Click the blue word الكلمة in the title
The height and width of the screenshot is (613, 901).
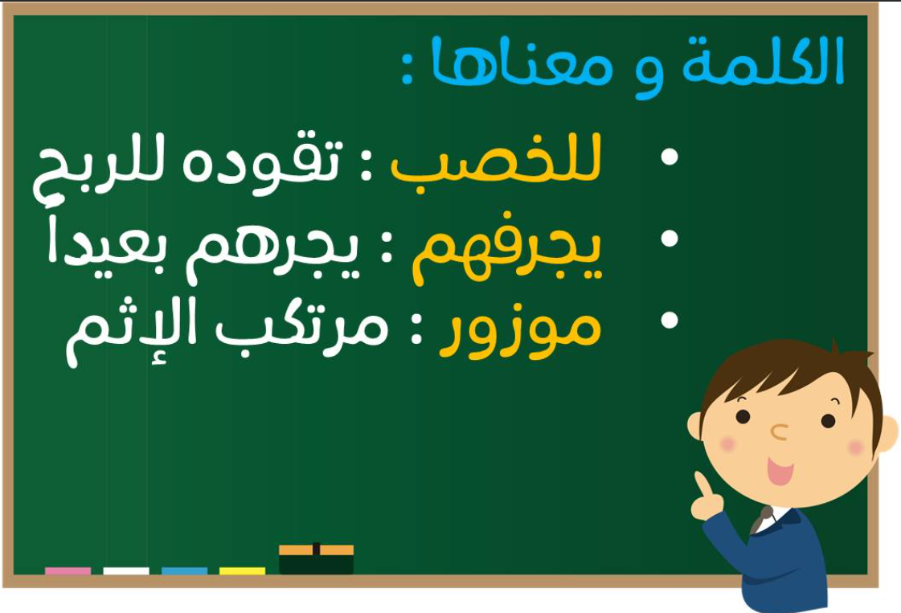(763, 61)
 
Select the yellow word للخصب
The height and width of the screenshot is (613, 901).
(496, 161)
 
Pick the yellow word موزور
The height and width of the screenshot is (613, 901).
(520, 333)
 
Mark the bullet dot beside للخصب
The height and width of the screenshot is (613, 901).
(670, 157)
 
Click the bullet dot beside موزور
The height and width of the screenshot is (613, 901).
(670, 320)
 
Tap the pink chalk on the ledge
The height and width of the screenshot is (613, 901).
(68, 571)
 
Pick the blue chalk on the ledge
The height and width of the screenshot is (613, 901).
(184, 571)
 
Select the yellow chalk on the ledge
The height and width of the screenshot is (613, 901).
(243, 571)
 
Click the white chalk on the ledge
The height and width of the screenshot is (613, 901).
(126, 571)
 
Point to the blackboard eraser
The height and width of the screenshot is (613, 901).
(316, 558)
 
